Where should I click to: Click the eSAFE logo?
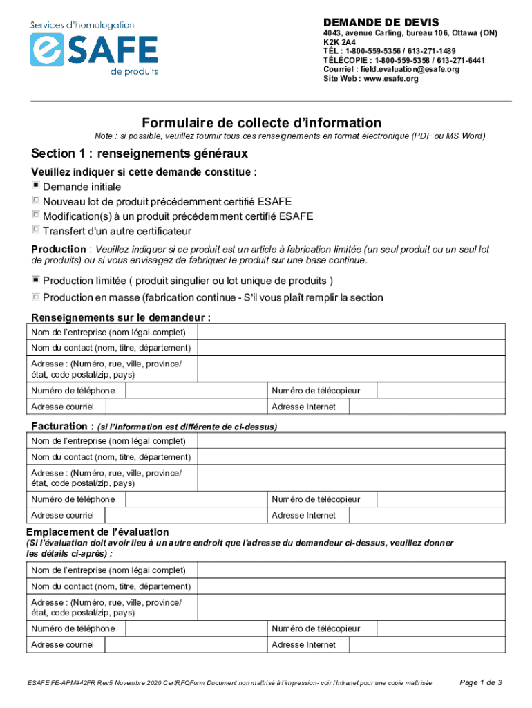click(x=94, y=48)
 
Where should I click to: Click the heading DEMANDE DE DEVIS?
click(x=381, y=22)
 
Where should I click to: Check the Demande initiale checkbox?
click(x=35, y=186)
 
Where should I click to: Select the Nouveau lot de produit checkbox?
click(x=35, y=201)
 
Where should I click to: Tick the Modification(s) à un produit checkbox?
click(x=35, y=215)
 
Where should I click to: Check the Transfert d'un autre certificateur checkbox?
click(x=35, y=230)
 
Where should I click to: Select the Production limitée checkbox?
click(x=35, y=280)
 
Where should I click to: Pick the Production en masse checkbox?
click(x=35, y=297)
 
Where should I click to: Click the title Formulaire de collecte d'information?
click(x=261, y=122)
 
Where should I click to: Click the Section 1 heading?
click(x=139, y=153)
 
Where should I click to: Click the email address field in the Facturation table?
click(x=185, y=515)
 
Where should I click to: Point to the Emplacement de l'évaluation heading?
click(x=97, y=532)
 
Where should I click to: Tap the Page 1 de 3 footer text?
click(x=481, y=682)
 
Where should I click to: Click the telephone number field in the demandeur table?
click(x=196, y=391)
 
